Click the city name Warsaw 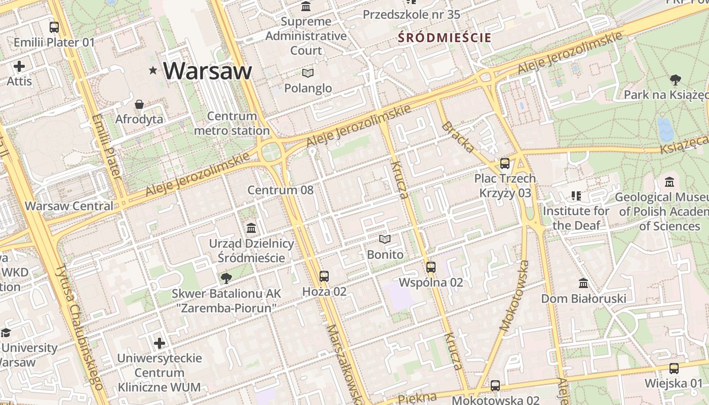(x=208, y=70)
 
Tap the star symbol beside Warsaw (x=153, y=70)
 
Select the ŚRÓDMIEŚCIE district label (x=444, y=37)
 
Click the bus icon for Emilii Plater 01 (x=54, y=27)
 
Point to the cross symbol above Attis (x=19, y=66)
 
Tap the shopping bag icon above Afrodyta (x=139, y=105)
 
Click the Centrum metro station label (x=232, y=124)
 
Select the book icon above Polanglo (x=308, y=73)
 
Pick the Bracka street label (x=458, y=137)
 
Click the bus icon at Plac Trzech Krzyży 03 (x=504, y=164)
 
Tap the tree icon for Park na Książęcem (x=675, y=80)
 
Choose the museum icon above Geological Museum (x=669, y=182)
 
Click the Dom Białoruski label (x=583, y=298)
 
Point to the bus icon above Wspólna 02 (x=431, y=267)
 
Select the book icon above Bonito (x=385, y=239)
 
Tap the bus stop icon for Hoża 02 (x=324, y=276)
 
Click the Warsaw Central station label (x=69, y=206)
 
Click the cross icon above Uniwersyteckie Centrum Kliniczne (x=160, y=343)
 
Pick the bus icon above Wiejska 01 (x=674, y=369)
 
